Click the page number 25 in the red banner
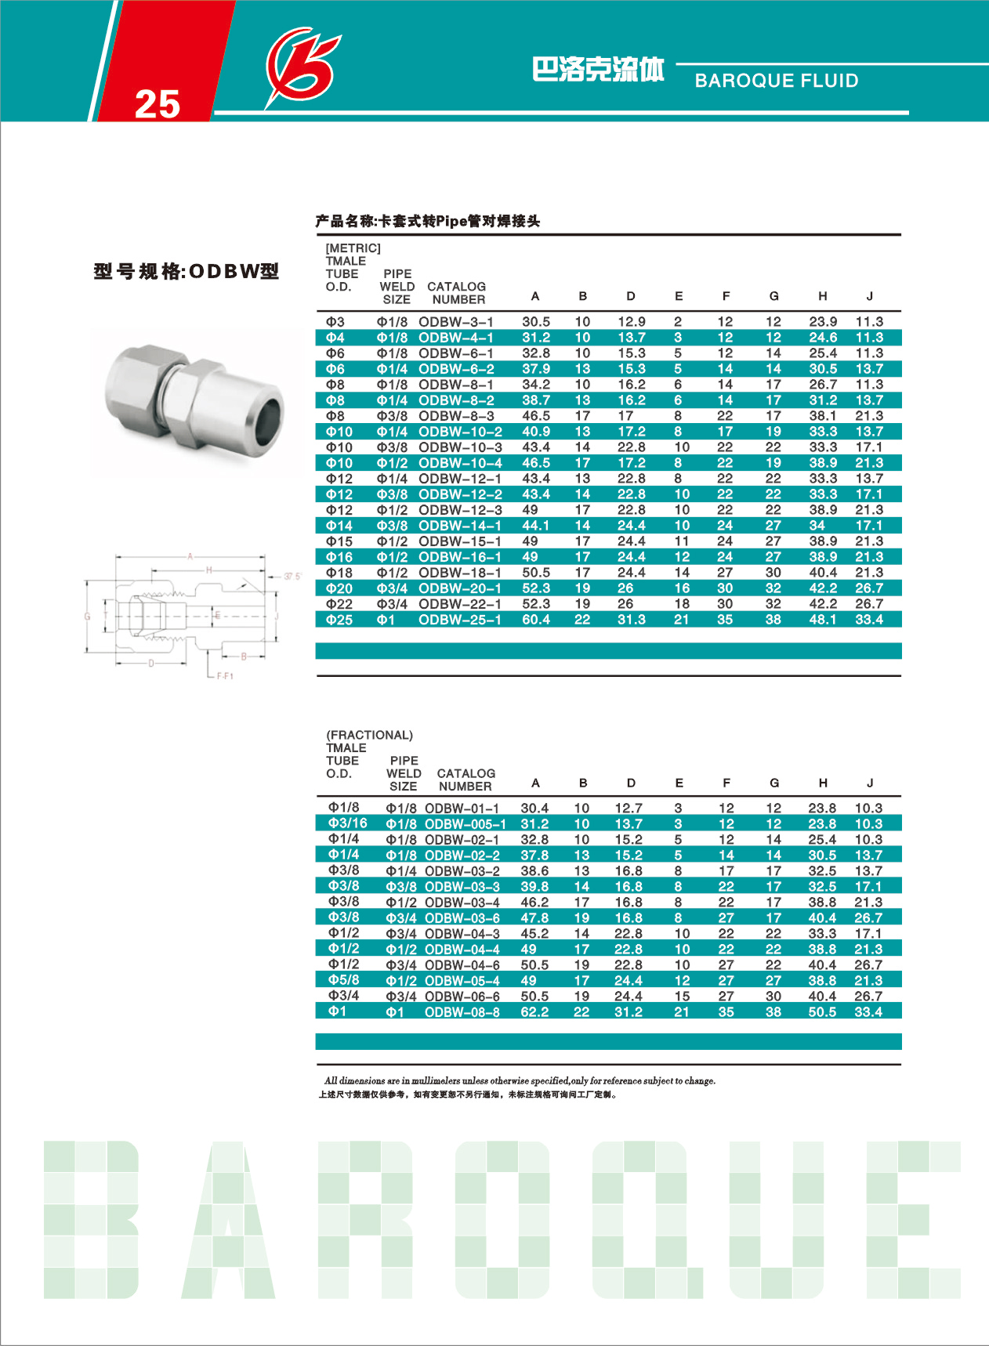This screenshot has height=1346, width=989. click(x=158, y=103)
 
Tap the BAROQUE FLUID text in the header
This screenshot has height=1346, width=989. click(x=776, y=81)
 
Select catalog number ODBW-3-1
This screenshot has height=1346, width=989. click(x=456, y=322)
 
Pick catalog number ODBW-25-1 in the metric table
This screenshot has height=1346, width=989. click(x=460, y=620)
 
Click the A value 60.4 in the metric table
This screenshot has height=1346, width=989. click(x=536, y=620)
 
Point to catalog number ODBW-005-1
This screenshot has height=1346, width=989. click(x=465, y=824)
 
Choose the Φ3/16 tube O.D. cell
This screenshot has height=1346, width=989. click(x=347, y=823)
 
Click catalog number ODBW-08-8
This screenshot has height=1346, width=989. click(x=462, y=1012)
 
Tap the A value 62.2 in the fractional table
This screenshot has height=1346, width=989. click(x=534, y=1012)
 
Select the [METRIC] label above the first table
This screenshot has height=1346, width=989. click(x=353, y=248)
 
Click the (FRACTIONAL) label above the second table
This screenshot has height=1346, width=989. click(x=369, y=735)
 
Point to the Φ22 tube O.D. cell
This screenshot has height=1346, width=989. click(x=339, y=604)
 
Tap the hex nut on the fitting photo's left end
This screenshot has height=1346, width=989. click(x=137, y=384)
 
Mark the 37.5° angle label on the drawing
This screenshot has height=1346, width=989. click(x=292, y=577)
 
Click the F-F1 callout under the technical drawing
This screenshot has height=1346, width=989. click(x=225, y=675)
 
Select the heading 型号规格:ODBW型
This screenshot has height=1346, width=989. click(x=187, y=272)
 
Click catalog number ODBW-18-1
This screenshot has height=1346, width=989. click(x=460, y=573)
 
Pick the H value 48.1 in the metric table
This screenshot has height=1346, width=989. click(x=823, y=620)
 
